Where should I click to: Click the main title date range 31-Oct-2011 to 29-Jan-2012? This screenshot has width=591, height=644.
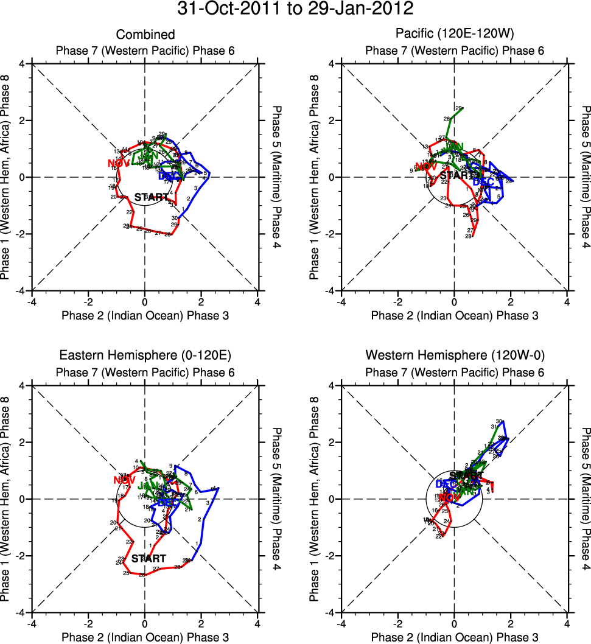pos(295,9)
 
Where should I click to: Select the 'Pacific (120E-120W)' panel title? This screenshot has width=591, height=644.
pos(454,35)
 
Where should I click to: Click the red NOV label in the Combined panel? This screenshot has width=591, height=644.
pos(119,163)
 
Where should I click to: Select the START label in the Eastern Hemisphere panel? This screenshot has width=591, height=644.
pos(149,558)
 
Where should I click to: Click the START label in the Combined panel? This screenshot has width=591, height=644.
pos(150,197)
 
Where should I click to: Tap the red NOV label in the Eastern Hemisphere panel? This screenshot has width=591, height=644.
pos(124,480)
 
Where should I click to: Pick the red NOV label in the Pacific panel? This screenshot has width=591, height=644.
pos(426,166)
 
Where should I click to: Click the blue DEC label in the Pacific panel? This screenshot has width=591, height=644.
pos(484,181)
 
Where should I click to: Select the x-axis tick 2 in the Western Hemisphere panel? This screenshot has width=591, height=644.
pos(511,624)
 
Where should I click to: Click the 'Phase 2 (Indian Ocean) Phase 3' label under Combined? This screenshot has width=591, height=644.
pos(145,315)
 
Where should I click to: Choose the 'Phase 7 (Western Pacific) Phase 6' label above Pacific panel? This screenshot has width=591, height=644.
pos(454,50)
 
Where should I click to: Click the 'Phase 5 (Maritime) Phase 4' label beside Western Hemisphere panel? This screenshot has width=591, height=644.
pos(585,499)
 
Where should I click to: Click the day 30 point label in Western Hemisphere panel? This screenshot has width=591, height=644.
pos(499,421)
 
